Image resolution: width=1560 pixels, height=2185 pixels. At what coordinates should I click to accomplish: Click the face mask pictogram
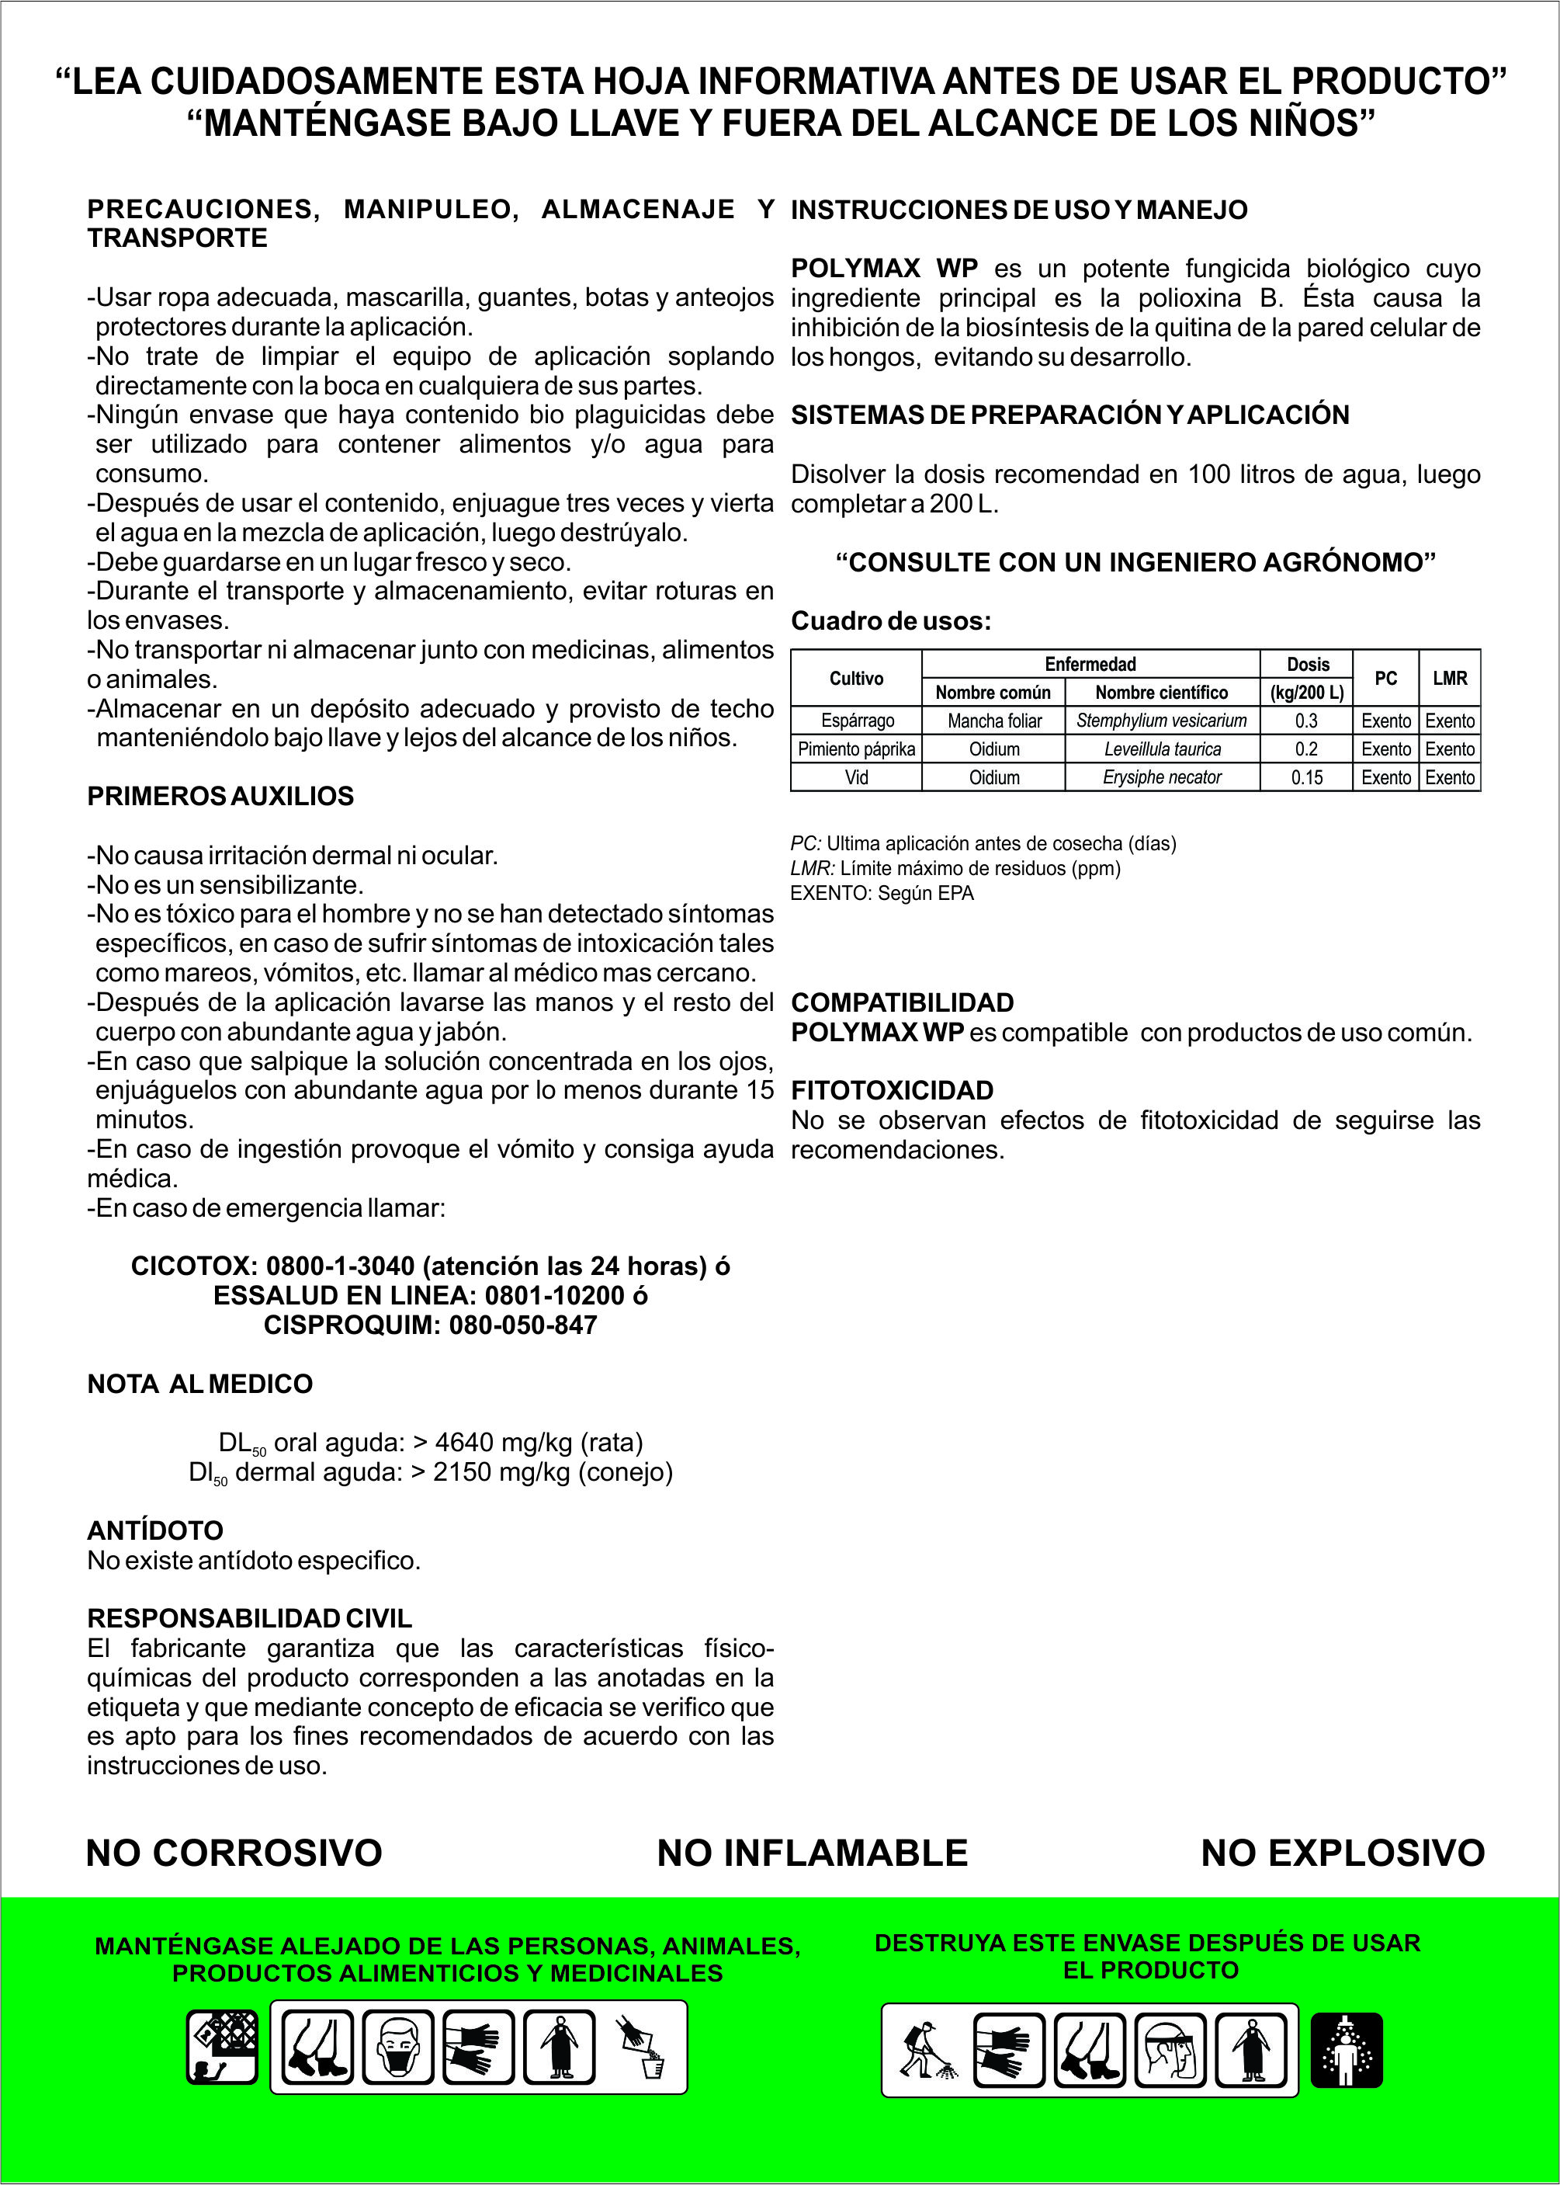pyautogui.click(x=399, y=2047)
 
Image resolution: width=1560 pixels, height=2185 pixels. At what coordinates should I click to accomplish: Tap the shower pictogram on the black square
pyautogui.click(x=1347, y=2050)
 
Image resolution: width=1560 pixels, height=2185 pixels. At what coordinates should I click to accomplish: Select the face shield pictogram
pyautogui.click(x=1170, y=2050)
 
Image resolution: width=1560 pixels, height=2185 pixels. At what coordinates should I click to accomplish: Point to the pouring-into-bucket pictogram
pyautogui.click(x=641, y=2047)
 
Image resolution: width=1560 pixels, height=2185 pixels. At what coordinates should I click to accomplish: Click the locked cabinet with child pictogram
pyautogui.click(x=222, y=2047)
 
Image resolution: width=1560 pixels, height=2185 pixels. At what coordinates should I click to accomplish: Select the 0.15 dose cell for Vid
pyautogui.click(x=1306, y=777)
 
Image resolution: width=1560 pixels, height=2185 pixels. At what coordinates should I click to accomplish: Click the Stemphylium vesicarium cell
pyautogui.click(x=1161, y=721)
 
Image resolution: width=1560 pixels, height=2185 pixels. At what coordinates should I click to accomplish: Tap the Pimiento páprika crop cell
pyautogui.click(x=856, y=749)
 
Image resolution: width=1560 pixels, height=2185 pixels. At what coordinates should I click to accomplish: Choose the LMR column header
pyautogui.click(x=1450, y=679)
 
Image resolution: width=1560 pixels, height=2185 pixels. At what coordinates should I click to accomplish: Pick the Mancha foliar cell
pyautogui.click(x=994, y=721)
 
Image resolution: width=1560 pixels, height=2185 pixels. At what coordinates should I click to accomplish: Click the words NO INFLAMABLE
pyautogui.click(x=812, y=1853)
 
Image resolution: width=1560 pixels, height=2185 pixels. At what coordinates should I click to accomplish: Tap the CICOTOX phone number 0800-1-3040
pyautogui.click(x=340, y=1266)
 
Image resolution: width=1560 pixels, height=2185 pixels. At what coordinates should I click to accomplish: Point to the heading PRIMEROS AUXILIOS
pyautogui.click(x=220, y=797)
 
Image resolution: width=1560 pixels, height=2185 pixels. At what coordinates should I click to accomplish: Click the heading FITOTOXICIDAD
pyautogui.click(x=892, y=1091)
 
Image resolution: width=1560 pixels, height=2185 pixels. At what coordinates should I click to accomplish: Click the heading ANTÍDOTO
pyautogui.click(x=154, y=1530)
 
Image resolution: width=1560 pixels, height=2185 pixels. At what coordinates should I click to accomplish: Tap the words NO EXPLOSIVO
pyautogui.click(x=1342, y=1853)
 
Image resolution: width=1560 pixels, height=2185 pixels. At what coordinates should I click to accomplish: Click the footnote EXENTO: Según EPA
pyautogui.click(x=882, y=894)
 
